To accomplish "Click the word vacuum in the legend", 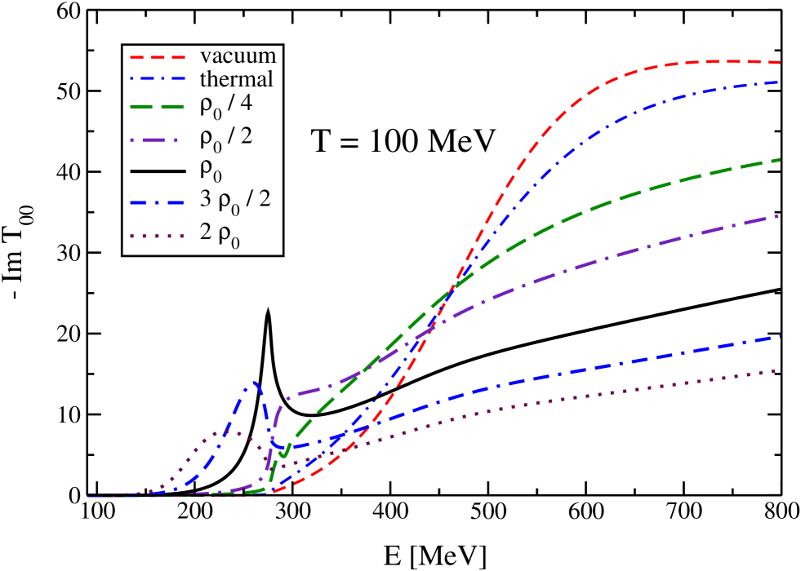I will [238, 57].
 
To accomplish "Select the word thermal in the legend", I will [236, 80].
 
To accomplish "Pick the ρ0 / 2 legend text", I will [226, 136].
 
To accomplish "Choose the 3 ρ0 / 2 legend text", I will [235, 199].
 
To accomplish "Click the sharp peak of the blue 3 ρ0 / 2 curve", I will [255, 382].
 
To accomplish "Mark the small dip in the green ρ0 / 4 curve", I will [283, 454].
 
